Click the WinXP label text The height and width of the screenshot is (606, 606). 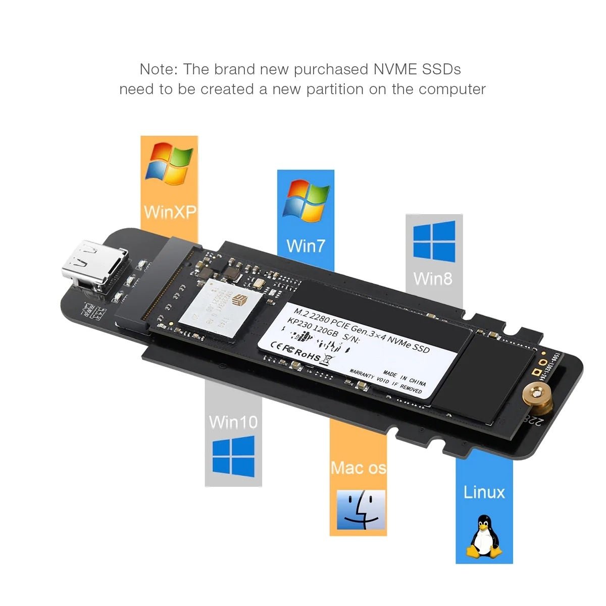[x=169, y=212]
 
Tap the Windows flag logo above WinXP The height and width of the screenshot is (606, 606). [x=169, y=163]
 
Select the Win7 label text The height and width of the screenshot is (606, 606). [x=306, y=246]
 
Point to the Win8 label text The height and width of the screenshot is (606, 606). [x=433, y=278]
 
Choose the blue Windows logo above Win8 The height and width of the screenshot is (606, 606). [x=434, y=241]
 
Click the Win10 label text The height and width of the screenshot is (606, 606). [x=233, y=422]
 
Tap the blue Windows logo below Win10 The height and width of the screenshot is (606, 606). [x=233, y=458]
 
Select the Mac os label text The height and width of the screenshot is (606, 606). [x=358, y=468]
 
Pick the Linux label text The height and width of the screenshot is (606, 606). [x=484, y=492]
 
